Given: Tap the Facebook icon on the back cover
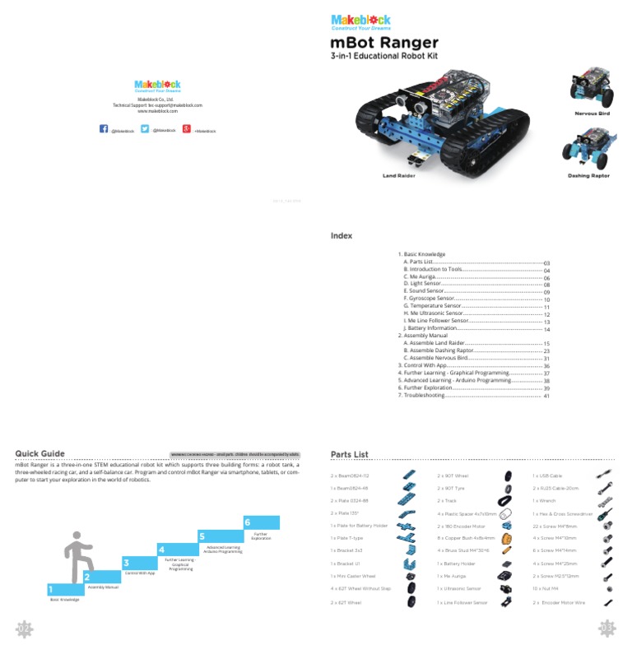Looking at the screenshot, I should (x=104, y=129).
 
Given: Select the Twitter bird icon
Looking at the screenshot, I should (x=145, y=129).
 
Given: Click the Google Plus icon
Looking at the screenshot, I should (x=187, y=129).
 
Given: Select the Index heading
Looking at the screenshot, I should (x=341, y=236).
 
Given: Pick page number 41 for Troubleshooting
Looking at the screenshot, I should (x=546, y=396).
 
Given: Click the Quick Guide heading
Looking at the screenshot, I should (x=40, y=452).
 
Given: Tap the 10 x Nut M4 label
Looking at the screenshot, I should (x=546, y=589).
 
